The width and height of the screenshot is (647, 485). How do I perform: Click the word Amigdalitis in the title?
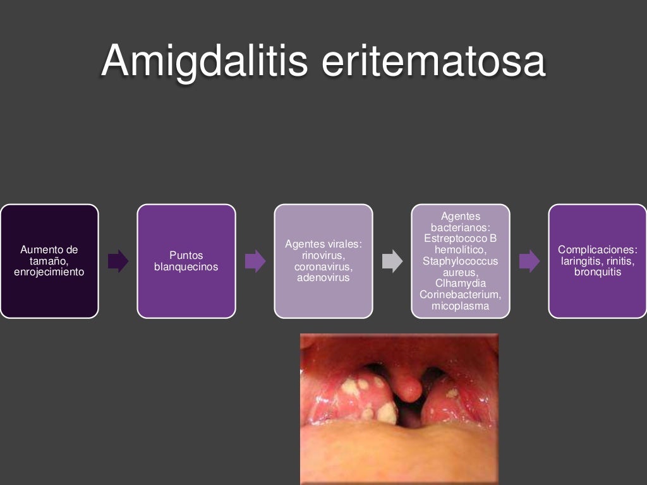[x=204, y=61]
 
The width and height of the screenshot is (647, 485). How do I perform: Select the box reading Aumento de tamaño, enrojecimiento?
[x=49, y=261]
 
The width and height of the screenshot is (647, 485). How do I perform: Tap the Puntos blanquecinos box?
[x=186, y=261]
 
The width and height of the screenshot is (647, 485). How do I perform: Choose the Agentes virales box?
[x=323, y=261]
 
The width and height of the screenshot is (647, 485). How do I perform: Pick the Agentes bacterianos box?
[x=461, y=261]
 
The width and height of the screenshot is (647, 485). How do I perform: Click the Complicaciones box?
[x=598, y=261]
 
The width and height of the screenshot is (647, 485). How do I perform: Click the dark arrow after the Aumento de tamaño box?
[x=118, y=261]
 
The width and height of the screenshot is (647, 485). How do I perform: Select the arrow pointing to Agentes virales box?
[x=255, y=261]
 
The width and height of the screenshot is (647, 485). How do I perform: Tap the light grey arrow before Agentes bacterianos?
[x=392, y=261]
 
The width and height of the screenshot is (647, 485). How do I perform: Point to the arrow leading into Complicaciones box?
[x=529, y=261]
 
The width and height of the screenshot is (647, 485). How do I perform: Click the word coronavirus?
[x=323, y=266]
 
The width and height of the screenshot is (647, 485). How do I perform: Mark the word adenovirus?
[x=323, y=277]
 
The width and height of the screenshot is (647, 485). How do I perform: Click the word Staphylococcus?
[x=461, y=261]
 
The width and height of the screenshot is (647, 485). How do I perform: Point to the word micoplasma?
[x=461, y=306]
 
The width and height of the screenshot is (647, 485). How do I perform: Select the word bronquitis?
[x=598, y=272]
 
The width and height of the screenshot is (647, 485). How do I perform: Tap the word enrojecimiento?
[x=49, y=272]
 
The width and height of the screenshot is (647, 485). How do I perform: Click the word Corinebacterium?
[x=461, y=295]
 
